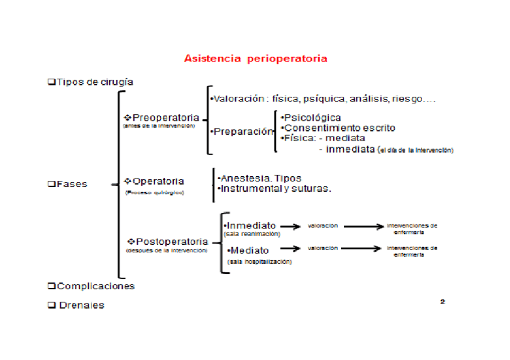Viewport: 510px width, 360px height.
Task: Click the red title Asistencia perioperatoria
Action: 256,58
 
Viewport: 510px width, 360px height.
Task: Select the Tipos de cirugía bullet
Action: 90,81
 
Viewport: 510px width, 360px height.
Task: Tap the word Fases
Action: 71,184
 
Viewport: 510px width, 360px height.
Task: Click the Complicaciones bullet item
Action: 91,286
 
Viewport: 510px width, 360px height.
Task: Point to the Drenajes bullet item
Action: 76,305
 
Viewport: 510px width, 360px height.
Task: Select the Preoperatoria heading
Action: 162,117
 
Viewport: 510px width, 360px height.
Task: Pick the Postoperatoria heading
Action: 168,242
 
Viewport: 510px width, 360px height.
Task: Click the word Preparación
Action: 242,131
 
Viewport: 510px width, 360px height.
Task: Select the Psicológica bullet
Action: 312,118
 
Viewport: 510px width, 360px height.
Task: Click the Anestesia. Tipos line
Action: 259,178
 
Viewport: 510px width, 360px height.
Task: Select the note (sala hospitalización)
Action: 259,261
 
